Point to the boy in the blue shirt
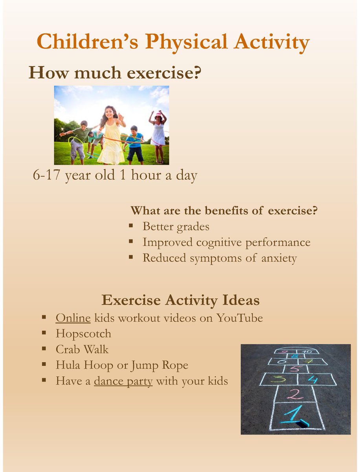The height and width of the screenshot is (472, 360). [x=134, y=144]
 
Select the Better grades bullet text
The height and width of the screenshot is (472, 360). [x=176, y=227]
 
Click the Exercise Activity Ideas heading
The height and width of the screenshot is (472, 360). [x=180, y=301]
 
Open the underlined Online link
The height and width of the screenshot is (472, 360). [x=73, y=318]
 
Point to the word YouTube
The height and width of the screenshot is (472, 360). [x=240, y=318]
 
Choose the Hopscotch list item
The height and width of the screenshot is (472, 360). [x=83, y=334]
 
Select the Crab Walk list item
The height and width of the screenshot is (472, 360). [x=82, y=350]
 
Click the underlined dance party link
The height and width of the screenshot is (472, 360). [x=123, y=381]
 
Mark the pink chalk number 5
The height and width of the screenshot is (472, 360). [x=294, y=369]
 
